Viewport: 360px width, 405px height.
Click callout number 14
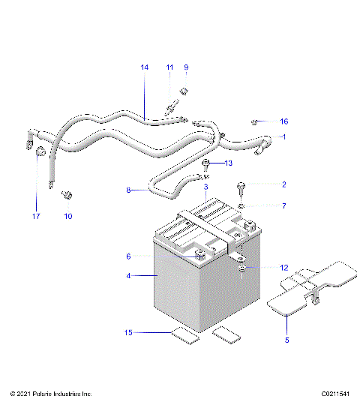tap(145, 67)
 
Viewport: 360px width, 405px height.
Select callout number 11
tap(169, 67)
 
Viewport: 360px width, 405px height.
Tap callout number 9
tap(186, 67)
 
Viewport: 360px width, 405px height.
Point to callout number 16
tap(283, 121)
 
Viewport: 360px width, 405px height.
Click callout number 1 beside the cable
tap(283, 136)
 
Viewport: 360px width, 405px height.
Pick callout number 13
tap(229, 163)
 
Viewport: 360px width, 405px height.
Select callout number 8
tap(128, 190)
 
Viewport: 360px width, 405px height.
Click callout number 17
tap(34, 217)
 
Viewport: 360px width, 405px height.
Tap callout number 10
tap(67, 217)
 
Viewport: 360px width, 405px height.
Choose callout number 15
tap(128, 331)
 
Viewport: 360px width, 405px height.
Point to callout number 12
tap(283, 268)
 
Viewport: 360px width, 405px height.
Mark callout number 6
tap(128, 256)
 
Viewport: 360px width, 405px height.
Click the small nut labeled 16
tap(256, 121)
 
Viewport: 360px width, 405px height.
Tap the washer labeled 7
tap(241, 205)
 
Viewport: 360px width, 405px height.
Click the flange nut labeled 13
tap(206, 163)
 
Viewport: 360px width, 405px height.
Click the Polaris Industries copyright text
tap(51, 393)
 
